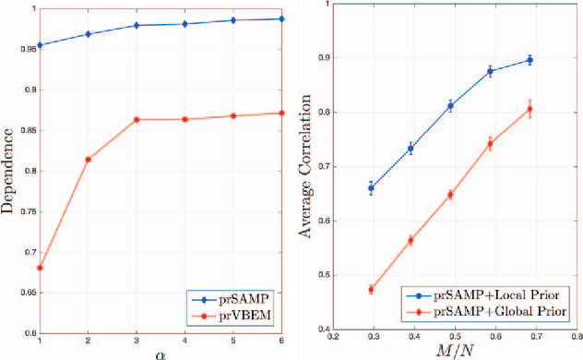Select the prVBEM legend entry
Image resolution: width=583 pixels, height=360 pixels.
(250, 318)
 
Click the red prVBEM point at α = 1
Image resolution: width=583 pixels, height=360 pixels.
(39, 268)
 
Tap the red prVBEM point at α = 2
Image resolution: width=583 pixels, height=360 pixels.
(88, 160)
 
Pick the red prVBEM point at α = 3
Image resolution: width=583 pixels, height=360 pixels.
(137, 120)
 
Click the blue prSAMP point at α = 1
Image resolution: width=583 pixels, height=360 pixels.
(39, 45)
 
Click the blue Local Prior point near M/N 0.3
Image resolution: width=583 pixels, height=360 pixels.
(371, 187)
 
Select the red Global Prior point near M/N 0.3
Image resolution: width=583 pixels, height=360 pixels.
(371, 289)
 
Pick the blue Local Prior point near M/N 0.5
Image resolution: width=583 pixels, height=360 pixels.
(450, 105)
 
